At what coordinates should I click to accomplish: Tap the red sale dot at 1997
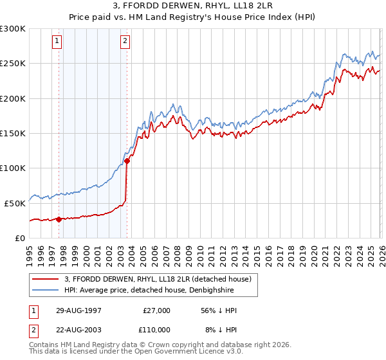(x=59, y=219)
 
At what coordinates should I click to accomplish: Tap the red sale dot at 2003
(x=127, y=161)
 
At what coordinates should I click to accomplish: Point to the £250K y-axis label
(x=13, y=64)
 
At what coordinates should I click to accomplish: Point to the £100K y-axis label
(x=13, y=168)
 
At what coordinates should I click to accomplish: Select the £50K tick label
(x=15, y=203)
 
